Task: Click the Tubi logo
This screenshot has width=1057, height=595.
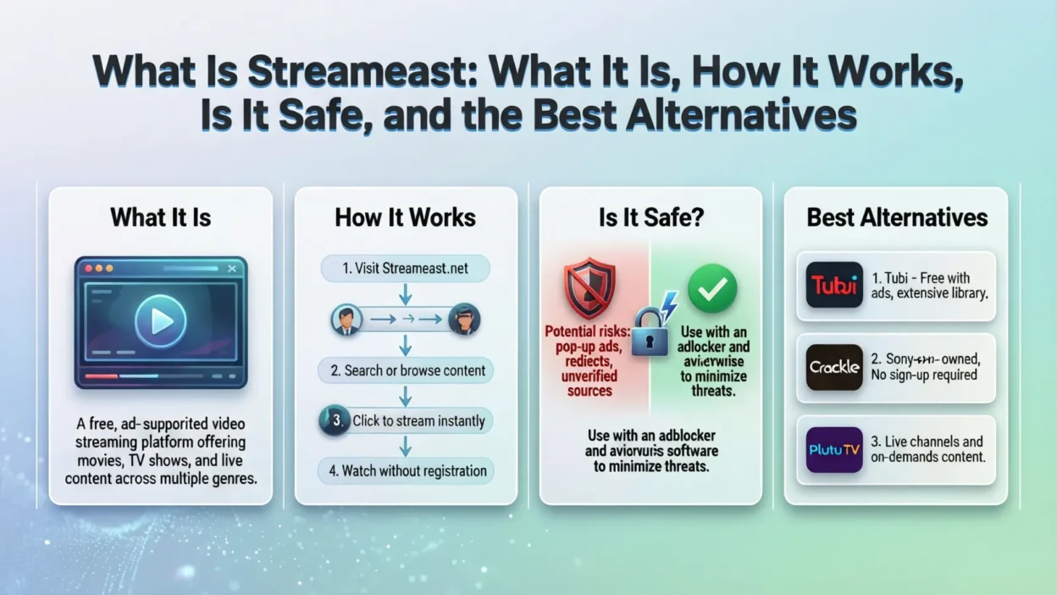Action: click(x=834, y=285)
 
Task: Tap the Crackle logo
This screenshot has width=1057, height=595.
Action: click(x=834, y=367)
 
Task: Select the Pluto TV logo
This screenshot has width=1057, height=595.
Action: click(x=834, y=449)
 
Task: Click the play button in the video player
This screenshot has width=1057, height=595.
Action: click(x=161, y=320)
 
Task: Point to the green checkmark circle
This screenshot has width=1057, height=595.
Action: click(x=712, y=289)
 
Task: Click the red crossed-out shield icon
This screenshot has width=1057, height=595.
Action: click(x=589, y=289)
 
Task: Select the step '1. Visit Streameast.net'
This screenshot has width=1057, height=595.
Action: click(x=406, y=269)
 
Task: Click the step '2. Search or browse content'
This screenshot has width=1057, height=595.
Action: click(x=406, y=370)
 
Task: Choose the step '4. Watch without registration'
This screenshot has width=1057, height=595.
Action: click(x=406, y=470)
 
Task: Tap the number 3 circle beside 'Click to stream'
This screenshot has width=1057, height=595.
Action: click(x=335, y=421)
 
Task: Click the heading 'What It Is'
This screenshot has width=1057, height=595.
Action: click(x=161, y=217)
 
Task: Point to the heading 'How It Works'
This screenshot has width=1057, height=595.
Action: click(x=406, y=217)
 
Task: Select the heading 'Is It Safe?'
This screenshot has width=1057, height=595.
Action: click(x=650, y=217)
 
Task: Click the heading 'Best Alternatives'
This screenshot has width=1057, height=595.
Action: click(x=897, y=217)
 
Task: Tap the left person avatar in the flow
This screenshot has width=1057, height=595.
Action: click(x=346, y=319)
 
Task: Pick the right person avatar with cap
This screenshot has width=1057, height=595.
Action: click(x=464, y=319)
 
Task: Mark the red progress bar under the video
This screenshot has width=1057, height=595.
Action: click(x=102, y=375)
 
